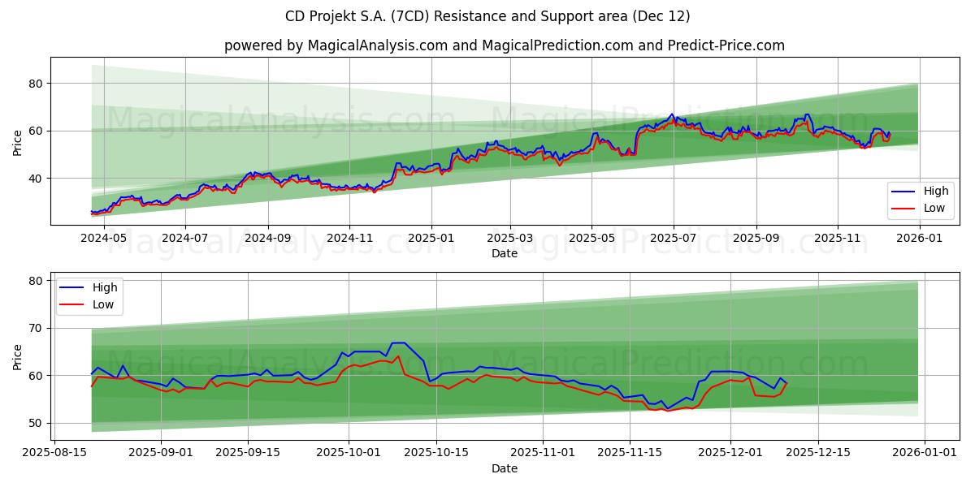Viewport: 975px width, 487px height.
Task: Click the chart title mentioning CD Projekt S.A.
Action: (x=487, y=16)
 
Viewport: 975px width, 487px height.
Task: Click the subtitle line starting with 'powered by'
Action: (x=504, y=45)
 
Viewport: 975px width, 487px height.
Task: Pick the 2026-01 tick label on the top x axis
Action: (x=919, y=239)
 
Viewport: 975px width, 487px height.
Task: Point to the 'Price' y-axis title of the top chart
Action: (x=18, y=143)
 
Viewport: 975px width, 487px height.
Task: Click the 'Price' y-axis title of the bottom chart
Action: (x=18, y=356)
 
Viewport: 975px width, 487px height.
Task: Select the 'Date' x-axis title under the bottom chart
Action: (x=504, y=468)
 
